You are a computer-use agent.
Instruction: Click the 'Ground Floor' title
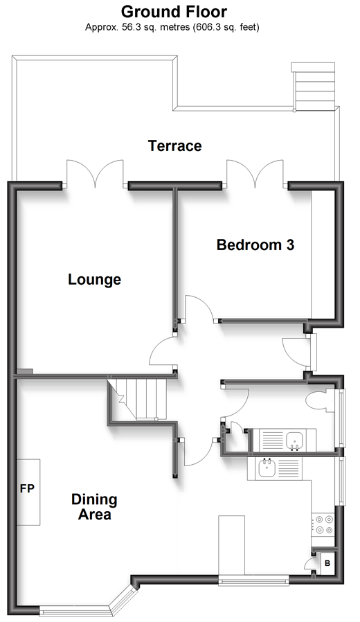(174, 12)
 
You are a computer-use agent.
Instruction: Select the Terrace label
(175, 145)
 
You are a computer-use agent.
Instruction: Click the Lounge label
(94, 279)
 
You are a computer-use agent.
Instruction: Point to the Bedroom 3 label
(255, 245)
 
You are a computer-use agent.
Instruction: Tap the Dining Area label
(94, 506)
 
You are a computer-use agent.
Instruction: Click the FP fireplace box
(28, 492)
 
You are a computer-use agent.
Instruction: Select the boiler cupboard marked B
(327, 562)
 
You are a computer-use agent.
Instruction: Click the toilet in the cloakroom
(321, 400)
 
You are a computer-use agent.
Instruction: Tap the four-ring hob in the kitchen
(323, 524)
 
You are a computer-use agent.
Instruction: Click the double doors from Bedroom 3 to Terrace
(255, 173)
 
